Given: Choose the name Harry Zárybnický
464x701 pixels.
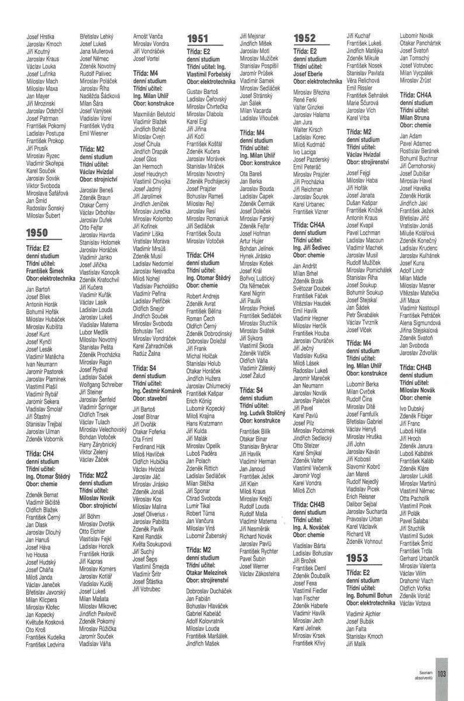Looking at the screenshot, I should [x=102, y=446].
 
